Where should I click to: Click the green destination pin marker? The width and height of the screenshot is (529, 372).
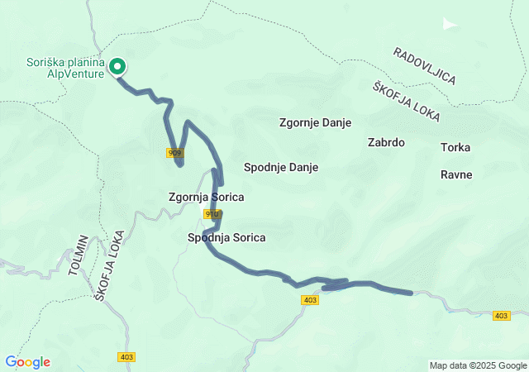pos(117,66)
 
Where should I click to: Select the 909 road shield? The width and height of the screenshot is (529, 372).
pos(174,153)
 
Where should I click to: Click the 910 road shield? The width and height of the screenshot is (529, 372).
pos(212,214)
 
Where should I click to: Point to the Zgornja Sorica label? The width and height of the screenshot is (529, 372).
pos(206,198)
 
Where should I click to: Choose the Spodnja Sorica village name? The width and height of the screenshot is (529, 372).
pos(226,237)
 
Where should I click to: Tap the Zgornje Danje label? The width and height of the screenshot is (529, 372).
pos(315,122)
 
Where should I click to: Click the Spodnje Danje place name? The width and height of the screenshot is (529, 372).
pos(281,167)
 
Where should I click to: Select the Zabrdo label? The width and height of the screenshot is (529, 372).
pos(385,142)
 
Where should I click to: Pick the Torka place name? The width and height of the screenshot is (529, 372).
pos(455,147)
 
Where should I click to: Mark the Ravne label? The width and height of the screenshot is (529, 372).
pos(455,174)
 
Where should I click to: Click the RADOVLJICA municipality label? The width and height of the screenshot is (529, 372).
pos(425,65)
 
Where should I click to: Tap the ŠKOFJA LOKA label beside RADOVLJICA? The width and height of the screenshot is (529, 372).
pos(406,102)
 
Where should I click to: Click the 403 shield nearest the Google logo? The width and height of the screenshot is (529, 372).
pos(126,357)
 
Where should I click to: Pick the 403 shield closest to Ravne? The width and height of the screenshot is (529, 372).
pos(501,316)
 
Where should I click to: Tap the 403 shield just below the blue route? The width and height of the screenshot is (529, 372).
pos(310,300)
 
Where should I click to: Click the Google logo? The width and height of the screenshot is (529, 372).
pos(27,362)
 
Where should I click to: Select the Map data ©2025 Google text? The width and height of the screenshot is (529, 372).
pos(477,365)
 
